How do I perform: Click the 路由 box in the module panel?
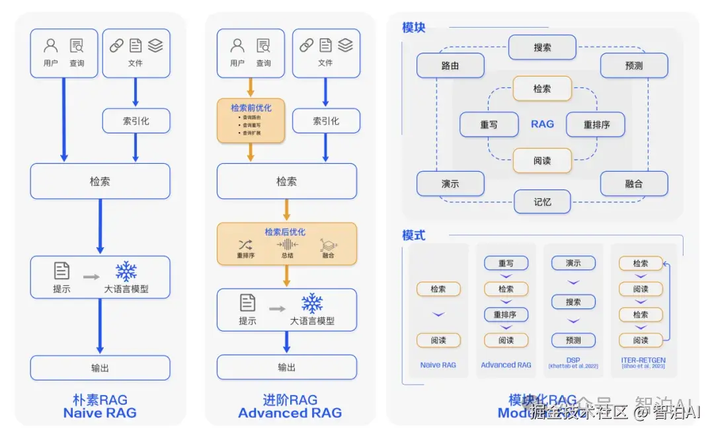tap(450, 66)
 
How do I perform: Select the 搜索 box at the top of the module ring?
tap(542, 48)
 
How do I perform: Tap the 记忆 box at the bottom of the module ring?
tap(542, 201)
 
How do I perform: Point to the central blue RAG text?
tap(542, 124)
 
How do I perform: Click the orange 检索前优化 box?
tap(251, 120)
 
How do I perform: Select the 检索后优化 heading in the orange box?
tap(285, 232)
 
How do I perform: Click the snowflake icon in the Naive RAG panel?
tap(126, 271)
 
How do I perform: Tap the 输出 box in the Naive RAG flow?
tap(100, 368)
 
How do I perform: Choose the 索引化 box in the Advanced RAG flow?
tap(325, 121)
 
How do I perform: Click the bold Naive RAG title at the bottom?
tap(100, 414)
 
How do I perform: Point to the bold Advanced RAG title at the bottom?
tap(290, 414)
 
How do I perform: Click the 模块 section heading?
tap(414, 28)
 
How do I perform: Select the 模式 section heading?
tap(414, 235)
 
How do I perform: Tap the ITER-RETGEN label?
tap(643, 361)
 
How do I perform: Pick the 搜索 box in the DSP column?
tap(573, 302)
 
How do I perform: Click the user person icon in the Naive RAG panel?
tap(50, 46)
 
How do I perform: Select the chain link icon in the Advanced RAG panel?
tap(306, 45)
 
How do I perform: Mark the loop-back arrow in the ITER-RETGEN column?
tap(668, 301)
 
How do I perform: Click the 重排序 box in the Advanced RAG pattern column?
tap(506, 314)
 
